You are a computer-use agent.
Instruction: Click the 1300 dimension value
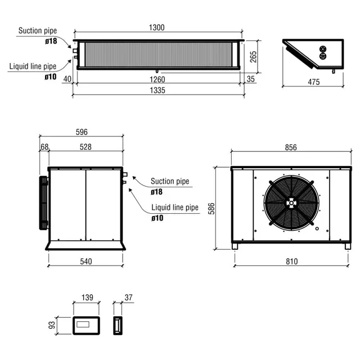coord(157,28)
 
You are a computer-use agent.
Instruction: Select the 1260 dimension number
coord(157,79)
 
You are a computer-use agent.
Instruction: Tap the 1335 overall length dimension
coord(157,91)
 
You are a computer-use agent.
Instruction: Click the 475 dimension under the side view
coord(313,82)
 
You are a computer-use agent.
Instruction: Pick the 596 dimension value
coord(81,132)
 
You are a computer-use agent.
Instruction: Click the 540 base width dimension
coord(85,261)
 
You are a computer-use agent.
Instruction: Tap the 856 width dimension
coord(291,147)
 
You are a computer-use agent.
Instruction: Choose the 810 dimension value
coord(291,261)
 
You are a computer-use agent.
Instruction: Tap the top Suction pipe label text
coord(38,30)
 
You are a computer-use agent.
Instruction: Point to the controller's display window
coord(86,325)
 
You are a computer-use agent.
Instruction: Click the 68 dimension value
coord(44,147)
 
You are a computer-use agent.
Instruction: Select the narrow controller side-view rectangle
coord(117,325)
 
